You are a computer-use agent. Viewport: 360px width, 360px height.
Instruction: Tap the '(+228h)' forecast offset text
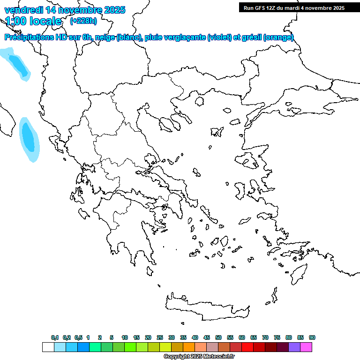click(83, 21)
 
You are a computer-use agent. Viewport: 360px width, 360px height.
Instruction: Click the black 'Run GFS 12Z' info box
click(294, 7)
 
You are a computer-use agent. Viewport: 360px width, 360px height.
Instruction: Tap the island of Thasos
click(199, 101)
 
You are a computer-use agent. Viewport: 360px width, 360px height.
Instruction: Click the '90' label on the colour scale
click(312, 337)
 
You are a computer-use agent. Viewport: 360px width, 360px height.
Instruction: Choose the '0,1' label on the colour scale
click(54, 337)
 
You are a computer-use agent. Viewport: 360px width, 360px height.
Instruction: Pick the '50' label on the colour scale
click(218, 337)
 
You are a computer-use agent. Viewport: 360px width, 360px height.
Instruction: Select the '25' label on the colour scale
click(159, 337)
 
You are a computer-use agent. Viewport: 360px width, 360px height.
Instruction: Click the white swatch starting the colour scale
click(48, 347)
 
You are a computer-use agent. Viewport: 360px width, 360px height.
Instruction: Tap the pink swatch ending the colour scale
click(306, 347)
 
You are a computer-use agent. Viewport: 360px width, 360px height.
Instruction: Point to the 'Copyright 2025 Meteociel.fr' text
click(199, 356)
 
